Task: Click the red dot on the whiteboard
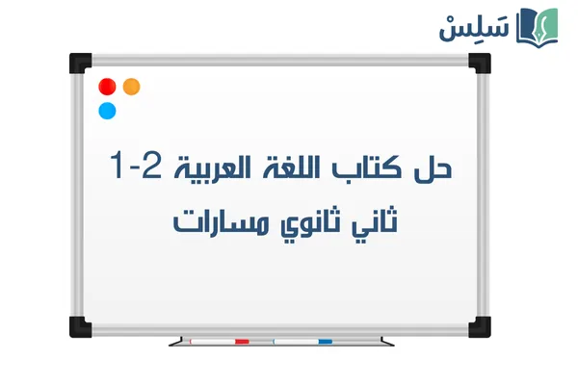(x=107, y=87)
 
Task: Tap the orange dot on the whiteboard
(x=132, y=87)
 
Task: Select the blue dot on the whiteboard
(x=107, y=111)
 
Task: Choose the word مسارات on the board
(x=207, y=220)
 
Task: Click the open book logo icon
(x=539, y=25)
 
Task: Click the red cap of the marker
(x=241, y=341)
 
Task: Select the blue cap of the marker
(x=325, y=341)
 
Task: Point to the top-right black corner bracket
(x=479, y=62)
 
